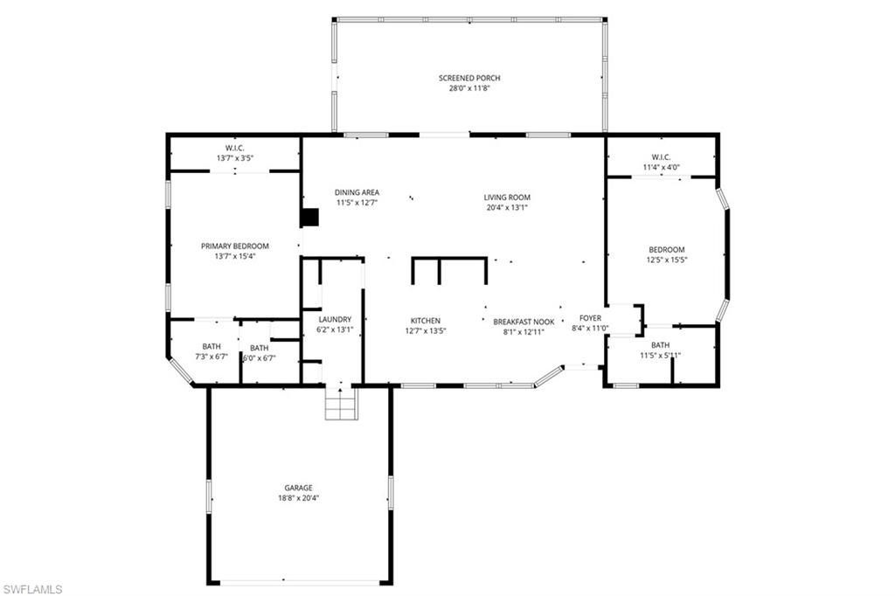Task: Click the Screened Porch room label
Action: pos(469,78)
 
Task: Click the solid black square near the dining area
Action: pos(309,218)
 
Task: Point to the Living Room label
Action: pos(507,198)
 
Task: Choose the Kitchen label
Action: pos(426,321)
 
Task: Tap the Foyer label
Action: pos(591,318)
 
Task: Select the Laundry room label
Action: pos(334,319)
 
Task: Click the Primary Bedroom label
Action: pos(234,246)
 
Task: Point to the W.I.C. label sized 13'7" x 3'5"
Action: pos(234,148)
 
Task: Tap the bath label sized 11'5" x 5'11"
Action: pos(660,345)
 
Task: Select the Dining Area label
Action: pos(357,192)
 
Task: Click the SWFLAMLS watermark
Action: pos(32,588)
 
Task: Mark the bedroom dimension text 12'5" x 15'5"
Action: pos(667,260)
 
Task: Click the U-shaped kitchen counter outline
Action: pos(449,260)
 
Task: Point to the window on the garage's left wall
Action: pos(208,496)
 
